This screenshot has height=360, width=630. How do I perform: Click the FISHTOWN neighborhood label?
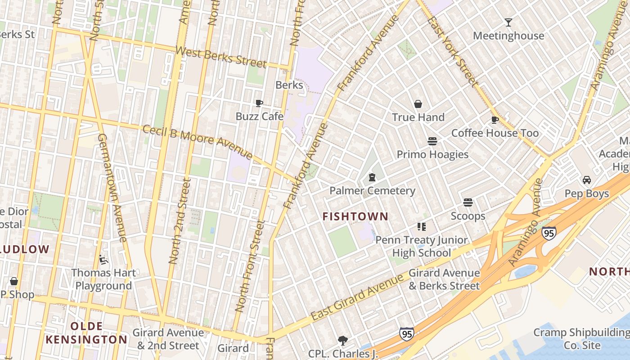tap(355, 216)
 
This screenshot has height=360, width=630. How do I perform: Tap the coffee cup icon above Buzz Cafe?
tap(259, 103)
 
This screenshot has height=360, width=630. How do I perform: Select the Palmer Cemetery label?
tap(372, 191)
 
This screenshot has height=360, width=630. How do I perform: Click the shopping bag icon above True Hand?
tap(418, 104)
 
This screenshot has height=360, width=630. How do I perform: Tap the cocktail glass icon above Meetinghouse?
tap(508, 22)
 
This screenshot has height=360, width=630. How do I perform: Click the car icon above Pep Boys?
tap(587, 180)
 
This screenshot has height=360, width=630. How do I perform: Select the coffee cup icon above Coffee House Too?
tap(495, 120)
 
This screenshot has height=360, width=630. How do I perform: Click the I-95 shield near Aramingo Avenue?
tap(549, 233)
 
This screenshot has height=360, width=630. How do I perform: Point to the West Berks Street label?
tap(220, 56)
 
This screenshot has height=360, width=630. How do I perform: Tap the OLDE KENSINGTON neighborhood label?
tap(86, 333)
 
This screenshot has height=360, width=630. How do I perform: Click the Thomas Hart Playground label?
tap(103, 279)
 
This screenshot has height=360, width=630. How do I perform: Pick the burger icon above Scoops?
tap(468, 203)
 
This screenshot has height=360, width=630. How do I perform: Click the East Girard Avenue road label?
tap(358, 297)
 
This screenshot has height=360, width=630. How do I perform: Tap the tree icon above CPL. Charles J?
tap(343, 340)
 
